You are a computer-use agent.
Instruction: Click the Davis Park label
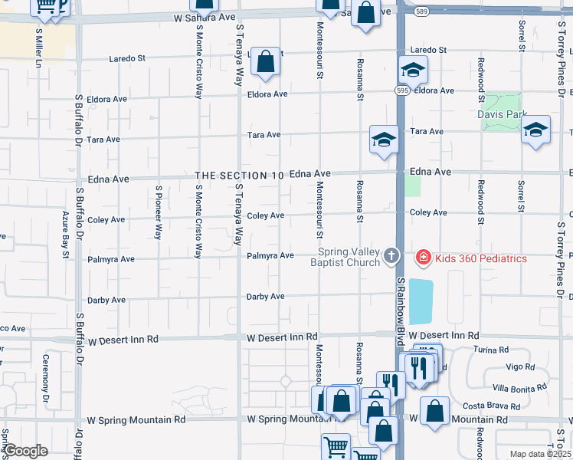click(x=503, y=115)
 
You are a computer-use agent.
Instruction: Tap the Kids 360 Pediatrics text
click(x=481, y=258)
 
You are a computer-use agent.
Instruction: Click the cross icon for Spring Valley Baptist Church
click(x=391, y=255)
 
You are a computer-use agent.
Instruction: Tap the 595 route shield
click(x=402, y=89)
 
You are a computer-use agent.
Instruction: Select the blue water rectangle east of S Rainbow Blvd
click(x=421, y=301)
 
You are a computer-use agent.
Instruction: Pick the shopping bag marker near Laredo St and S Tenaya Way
click(x=265, y=62)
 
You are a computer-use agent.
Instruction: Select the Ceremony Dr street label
click(x=46, y=370)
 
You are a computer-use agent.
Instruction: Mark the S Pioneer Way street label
click(x=159, y=213)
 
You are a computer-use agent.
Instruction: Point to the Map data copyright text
click(x=540, y=454)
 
